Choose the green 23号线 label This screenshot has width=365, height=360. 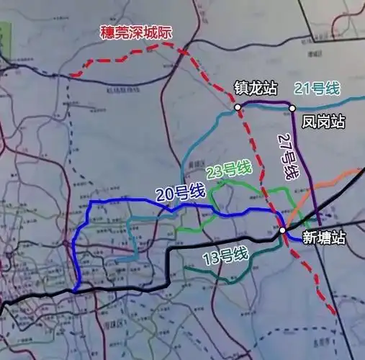click(228, 171)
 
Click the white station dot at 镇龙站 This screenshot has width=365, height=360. click(237, 108)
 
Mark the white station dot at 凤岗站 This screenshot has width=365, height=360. click(293, 108)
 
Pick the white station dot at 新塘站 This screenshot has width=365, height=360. click(283, 230)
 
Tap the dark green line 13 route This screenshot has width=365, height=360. click(216, 272)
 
